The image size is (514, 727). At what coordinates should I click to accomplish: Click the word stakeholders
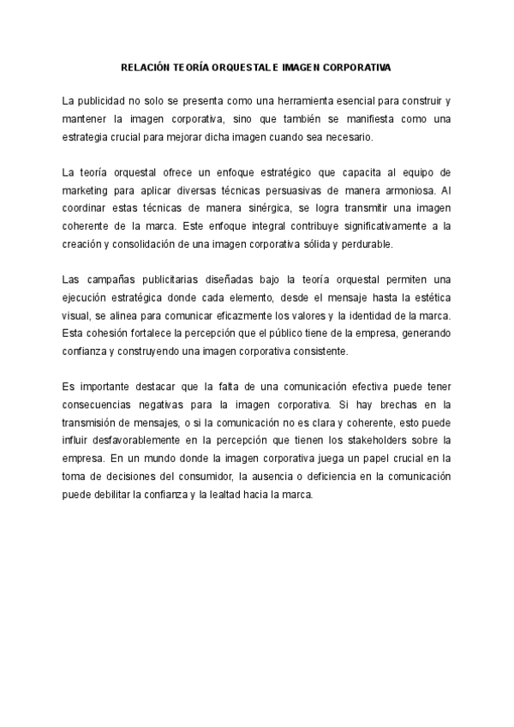coord(374,441)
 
